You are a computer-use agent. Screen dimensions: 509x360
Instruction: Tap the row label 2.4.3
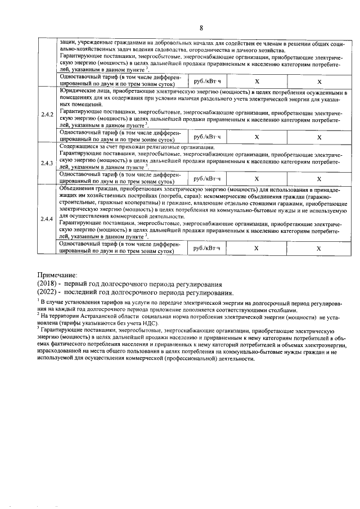coord(47,163)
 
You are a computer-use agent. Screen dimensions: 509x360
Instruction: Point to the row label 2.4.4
coord(47,219)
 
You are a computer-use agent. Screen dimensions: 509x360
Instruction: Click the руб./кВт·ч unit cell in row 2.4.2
coord(208,136)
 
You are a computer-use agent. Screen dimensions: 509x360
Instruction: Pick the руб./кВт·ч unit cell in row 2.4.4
coord(208,247)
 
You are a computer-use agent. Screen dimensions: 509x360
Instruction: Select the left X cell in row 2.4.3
coord(256,178)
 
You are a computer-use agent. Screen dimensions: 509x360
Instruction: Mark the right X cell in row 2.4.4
coord(319,248)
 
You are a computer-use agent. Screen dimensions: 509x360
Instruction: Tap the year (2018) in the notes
coord(49,284)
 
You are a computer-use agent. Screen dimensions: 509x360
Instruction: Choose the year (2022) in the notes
coord(49,293)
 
